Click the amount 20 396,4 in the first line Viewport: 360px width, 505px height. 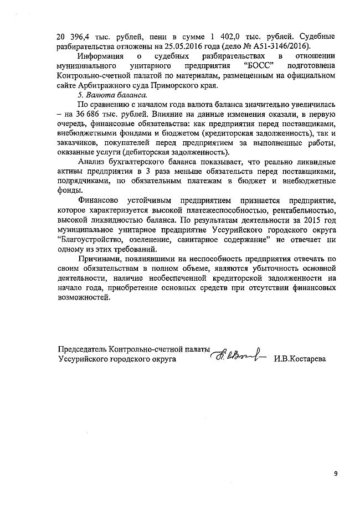(72, 37)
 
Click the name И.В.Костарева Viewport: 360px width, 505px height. (311, 359)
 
